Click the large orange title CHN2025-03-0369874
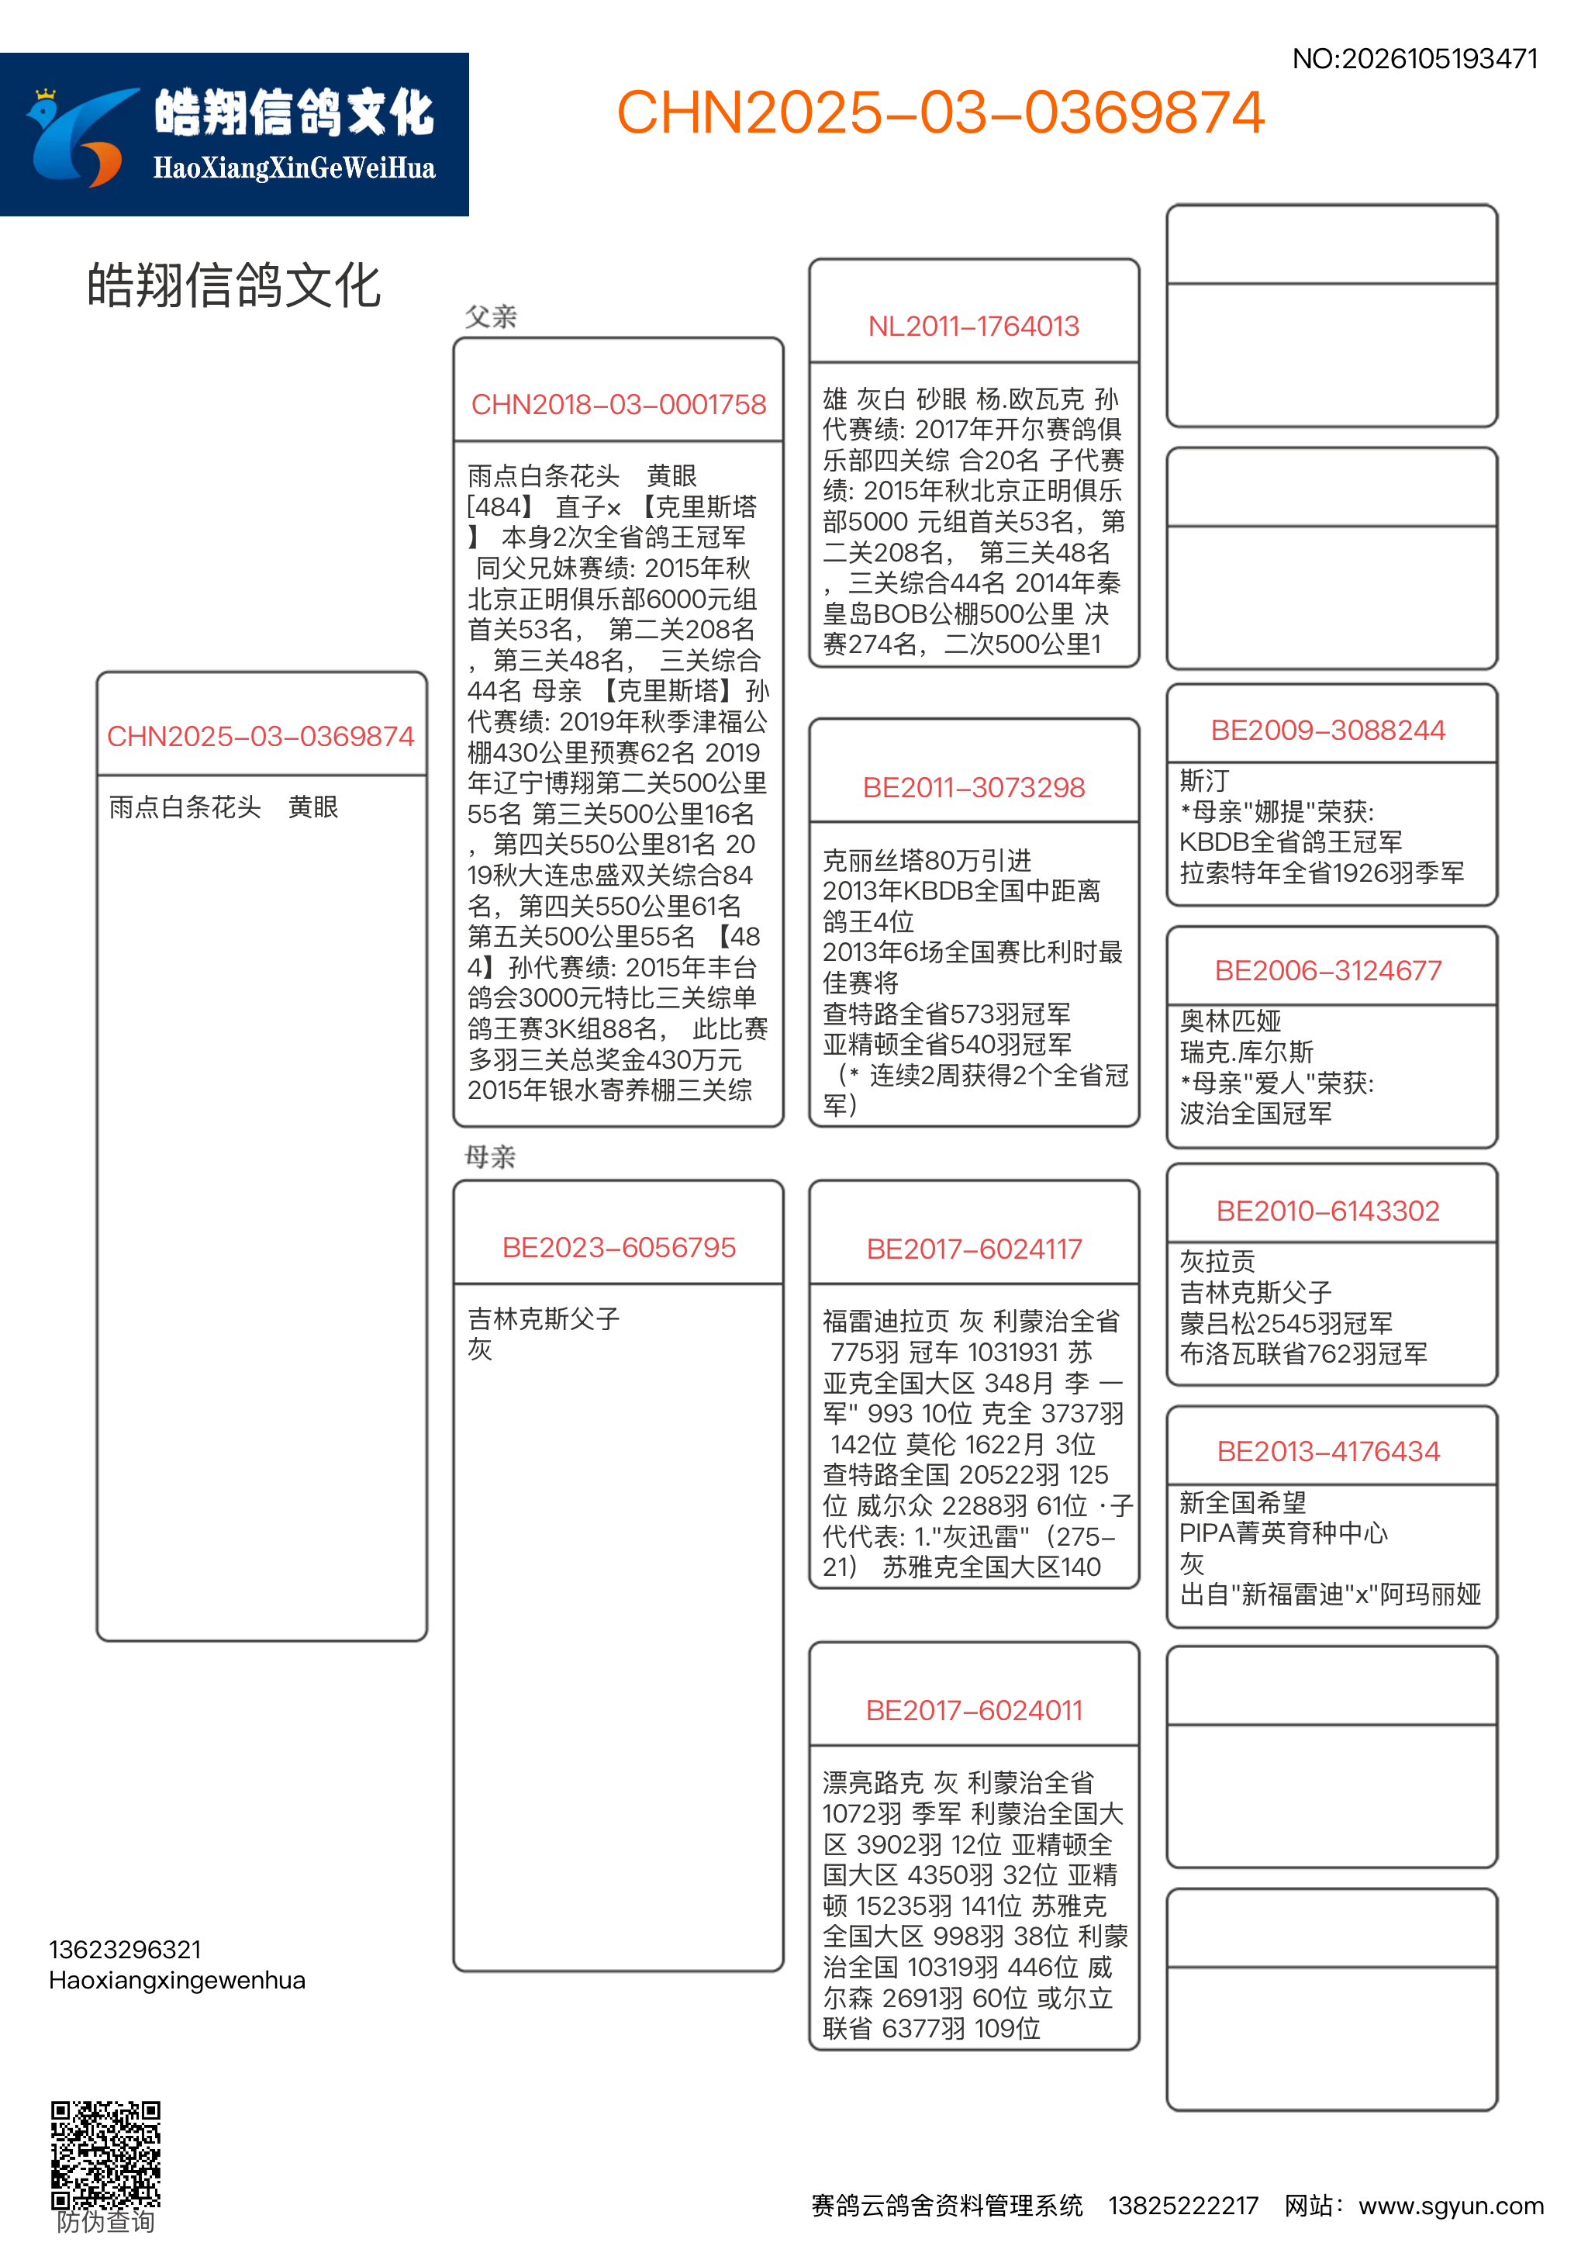[940, 112]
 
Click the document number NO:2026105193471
[1414, 60]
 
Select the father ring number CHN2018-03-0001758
[618, 405]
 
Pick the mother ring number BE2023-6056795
[618, 1248]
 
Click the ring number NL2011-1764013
[973, 327]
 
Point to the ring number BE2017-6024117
[973, 1249]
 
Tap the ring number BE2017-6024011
[973, 1711]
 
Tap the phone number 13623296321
[125, 1951]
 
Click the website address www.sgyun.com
[1450, 2206]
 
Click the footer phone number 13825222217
[1182, 2206]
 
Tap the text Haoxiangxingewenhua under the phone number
[177, 1981]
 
